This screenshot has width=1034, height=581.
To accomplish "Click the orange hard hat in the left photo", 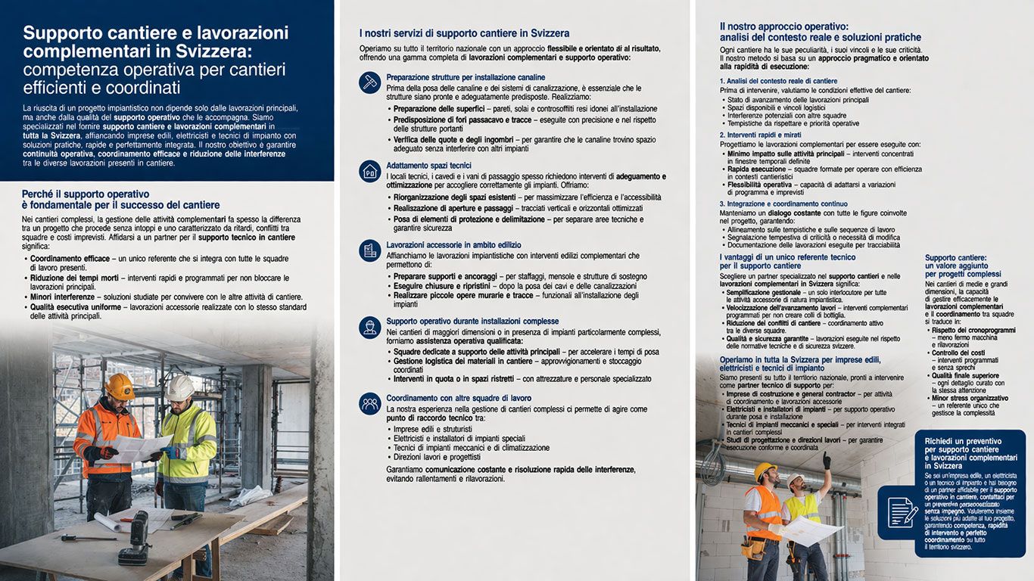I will click(x=119, y=385).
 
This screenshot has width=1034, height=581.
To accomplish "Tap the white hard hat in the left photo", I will click(x=181, y=387).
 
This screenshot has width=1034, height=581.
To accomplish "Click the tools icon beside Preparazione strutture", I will click(x=370, y=82).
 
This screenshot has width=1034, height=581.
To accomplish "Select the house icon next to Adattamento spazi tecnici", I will click(x=370, y=170).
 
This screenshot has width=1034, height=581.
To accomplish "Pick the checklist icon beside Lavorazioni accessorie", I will click(x=370, y=250).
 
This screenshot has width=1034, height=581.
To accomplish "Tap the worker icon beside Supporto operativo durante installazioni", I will click(x=370, y=327).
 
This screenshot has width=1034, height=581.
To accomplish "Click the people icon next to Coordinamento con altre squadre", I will click(x=370, y=403).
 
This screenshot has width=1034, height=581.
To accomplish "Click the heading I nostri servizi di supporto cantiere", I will click(x=464, y=33).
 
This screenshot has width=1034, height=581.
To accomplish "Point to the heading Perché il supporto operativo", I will click(x=86, y=194).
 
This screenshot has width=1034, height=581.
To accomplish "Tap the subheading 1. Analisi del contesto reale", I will click(x=778, y=81).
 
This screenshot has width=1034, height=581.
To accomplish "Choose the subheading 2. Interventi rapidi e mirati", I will click(x=771, y=135).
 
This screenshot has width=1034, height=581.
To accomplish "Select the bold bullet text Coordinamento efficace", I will click(x=70, y=259).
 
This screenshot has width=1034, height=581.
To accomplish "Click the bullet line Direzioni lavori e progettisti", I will click(x=437, y=457).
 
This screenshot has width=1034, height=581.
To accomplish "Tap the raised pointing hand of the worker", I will click(x=827, y=459).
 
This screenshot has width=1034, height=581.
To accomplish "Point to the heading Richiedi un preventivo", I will click(x=963, y=441).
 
